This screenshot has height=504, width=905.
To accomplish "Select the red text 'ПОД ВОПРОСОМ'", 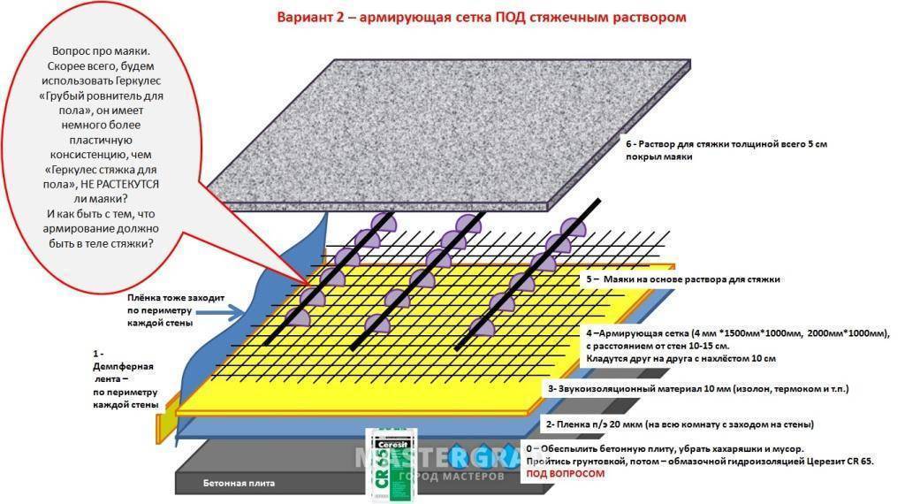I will coord(566,474).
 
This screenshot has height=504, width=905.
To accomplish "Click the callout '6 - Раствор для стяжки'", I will coord(725,149).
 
